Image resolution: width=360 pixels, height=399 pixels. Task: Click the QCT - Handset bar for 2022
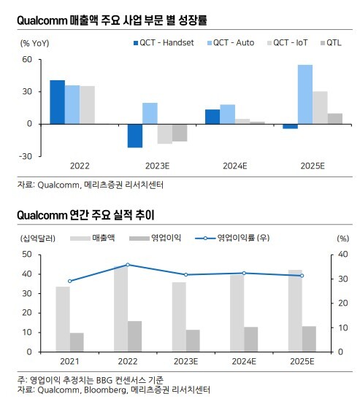[58, 102]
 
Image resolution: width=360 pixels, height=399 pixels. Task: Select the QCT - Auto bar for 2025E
[305, 94]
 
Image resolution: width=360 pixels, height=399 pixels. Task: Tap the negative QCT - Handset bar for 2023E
[135, 136]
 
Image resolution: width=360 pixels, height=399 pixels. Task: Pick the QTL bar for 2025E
[335, 119]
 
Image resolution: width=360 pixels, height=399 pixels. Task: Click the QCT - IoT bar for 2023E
[165, 134]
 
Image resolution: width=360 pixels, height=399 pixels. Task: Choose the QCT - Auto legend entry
[231, 43]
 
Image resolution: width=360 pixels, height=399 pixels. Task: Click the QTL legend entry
[331, 43]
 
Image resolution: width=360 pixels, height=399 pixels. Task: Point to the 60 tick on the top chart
[27, 60]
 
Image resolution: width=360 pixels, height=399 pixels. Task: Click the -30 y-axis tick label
[26, 156]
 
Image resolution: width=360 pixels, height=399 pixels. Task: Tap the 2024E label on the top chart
[235, 166]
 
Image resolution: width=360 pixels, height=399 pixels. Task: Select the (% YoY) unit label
[34, 43]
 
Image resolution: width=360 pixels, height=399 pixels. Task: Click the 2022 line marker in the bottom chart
[128, 265]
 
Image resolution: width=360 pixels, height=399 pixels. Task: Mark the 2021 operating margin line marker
[70, 281]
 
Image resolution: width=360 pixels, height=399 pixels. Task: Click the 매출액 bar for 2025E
[295, 311]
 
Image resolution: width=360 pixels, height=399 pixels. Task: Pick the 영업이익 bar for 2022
[135, 336]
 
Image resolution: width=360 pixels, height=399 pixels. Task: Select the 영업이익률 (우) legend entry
[232, 238]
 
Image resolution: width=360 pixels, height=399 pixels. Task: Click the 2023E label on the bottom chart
[185, 361]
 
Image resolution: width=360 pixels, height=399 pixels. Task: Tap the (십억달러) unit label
[38, 239]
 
